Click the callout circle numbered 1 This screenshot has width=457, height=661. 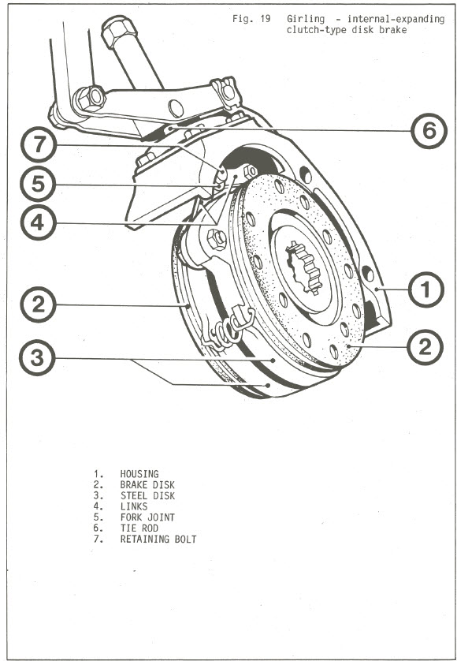[425, 289]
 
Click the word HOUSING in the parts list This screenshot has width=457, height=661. [139, 474]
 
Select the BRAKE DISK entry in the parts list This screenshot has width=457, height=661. [147, 485]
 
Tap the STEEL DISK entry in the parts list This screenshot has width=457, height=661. [147, 496]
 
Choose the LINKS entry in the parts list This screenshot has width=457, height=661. [134, 507]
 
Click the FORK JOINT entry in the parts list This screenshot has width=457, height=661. [147, 518]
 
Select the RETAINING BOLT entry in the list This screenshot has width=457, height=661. [158, 540]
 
